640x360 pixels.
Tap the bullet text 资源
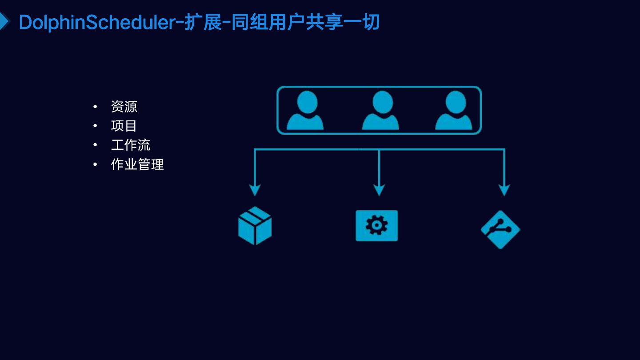pos(124,107)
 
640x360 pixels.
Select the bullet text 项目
pos(124,126)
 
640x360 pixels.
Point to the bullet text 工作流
pos(131,145)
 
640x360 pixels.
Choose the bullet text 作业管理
pos(137,164)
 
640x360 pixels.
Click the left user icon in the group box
pos(305,110)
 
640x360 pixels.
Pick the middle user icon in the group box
pos(380,110)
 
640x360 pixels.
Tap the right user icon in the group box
pos(453,110)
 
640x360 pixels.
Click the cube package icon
pos(255,225)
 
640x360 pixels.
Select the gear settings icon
pos(376,226)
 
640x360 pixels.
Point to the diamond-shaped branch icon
pos(500,229)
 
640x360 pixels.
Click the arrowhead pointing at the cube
pos(255,190)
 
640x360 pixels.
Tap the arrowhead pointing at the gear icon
pos(379,190)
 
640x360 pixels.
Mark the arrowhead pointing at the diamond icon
pos(504,190)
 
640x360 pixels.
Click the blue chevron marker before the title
pos(4,21)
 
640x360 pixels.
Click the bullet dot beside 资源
pos(95,107)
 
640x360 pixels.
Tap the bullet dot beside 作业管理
pos(95,164)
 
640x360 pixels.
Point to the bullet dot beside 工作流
pos(95,145)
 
